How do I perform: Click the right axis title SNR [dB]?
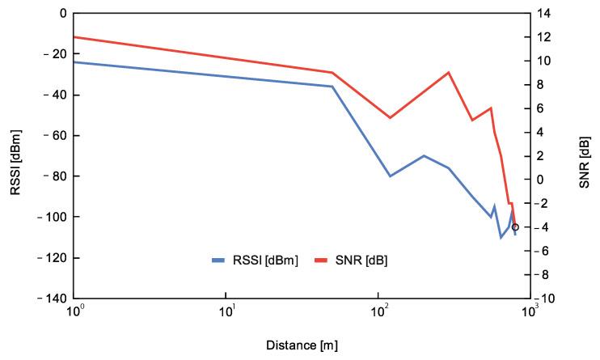point(585,156)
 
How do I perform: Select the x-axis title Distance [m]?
point(302,345)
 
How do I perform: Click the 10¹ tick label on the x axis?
point(227,312)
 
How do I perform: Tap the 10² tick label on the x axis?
point(378,312)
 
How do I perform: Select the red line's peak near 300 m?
point(448,72)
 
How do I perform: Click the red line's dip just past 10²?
point(390,118)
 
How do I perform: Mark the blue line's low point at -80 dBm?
point(391,176)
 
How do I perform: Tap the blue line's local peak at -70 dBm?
point(424,155)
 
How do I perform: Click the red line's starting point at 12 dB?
point(75,36)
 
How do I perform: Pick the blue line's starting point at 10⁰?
point(75,62)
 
